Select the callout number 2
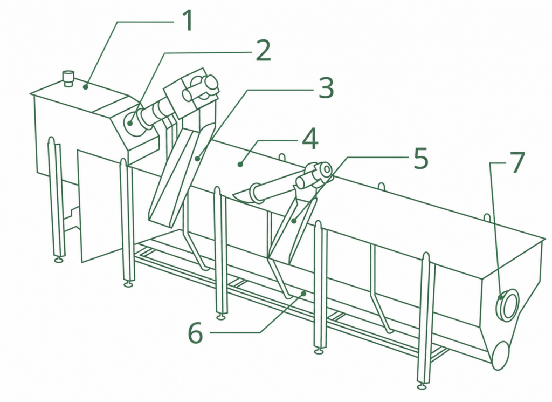tap(263, 51)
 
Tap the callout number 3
tap(326, 88)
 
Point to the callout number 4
tap(310, 139)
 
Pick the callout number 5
tap(420, 158)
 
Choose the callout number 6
tap(195, 332)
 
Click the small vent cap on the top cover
tap(67, 78)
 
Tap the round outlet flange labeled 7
tap(507, 304)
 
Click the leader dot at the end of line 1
tap(86, 87)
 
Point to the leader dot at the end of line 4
tap(240, 164)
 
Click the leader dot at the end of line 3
tap(198, 159)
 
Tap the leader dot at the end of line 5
tap(294, 221)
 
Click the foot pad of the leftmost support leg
tap(58, 260)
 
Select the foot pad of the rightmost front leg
tap(423, 386)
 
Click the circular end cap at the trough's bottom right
tap(500, 355)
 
